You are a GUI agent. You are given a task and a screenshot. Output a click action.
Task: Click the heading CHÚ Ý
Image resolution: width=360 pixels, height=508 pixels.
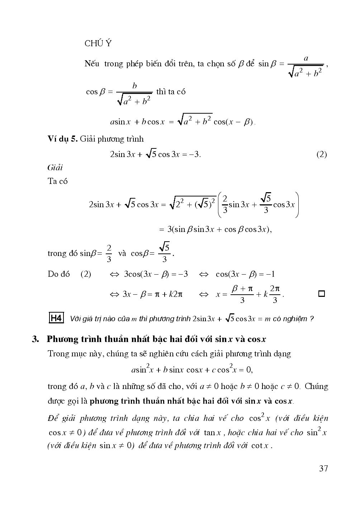pos(98,43)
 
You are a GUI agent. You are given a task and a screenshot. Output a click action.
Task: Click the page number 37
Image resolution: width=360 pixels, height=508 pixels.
pos(323,468)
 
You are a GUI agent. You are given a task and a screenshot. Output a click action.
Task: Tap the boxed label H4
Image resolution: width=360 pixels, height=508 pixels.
pos(56,318)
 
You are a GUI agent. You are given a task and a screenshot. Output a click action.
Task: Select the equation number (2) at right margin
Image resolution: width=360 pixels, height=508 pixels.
pos(322,155)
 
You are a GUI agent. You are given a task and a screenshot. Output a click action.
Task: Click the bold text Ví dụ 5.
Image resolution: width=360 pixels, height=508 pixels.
pos(63,139)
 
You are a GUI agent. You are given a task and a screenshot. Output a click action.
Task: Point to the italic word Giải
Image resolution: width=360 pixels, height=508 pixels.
pos(55,167)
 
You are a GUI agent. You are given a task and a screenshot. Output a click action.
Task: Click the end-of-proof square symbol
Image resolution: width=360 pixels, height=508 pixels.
pos(322,294)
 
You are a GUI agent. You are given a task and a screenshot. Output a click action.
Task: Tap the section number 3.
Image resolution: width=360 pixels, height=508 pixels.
pos(35,339)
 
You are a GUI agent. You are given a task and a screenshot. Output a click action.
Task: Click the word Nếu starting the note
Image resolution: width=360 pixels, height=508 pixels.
pos(92,64)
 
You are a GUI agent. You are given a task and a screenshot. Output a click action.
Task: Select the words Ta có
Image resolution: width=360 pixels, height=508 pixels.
pos(57,181)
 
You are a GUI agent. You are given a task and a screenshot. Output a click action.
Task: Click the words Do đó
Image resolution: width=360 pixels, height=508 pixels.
pos(58,274)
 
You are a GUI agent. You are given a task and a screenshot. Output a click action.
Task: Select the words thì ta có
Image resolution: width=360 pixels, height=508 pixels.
pos(171,91)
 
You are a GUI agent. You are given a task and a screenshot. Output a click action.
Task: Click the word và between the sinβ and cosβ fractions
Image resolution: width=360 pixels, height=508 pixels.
pos(122,253)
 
